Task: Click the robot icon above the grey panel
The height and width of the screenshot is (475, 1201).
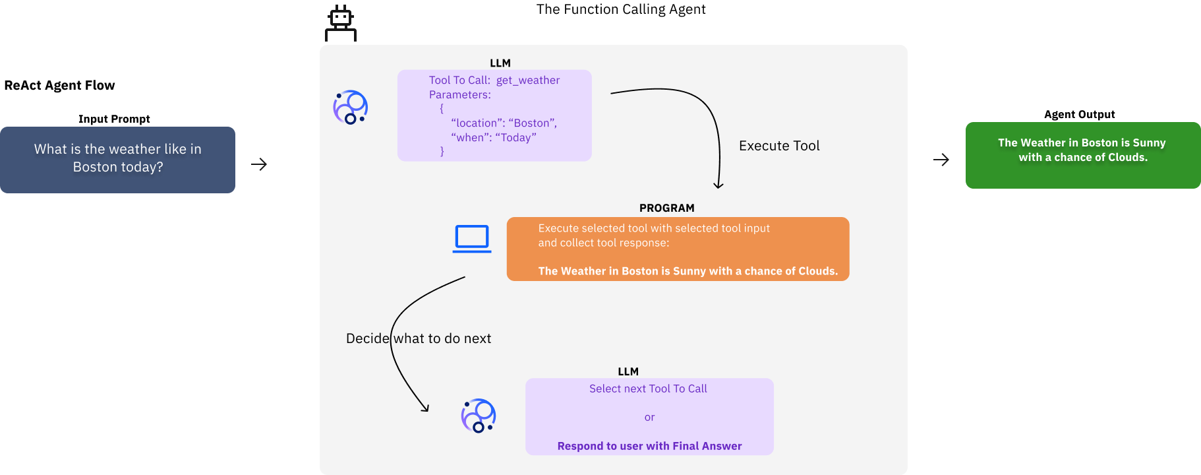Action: tap(341, 24)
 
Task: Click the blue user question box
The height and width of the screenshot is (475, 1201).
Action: tap(117, 159)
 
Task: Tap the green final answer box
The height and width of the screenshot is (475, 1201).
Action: tap(1082, 155)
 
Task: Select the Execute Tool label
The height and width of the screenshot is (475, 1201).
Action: tap(779, 146)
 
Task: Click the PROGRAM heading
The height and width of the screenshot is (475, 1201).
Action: tap(666, 208)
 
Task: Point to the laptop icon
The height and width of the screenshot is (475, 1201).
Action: tap(472, 239)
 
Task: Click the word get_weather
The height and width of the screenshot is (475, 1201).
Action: tap(527, 80)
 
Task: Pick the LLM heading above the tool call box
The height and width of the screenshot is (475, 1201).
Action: tap(500, 63)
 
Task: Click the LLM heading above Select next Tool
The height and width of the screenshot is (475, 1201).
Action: tap(628, 372)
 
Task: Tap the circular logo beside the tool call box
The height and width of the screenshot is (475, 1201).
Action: tap(351, 108)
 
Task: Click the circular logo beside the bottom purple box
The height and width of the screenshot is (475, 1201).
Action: tap(479, 416)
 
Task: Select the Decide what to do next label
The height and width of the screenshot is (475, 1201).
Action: tap(419, 338)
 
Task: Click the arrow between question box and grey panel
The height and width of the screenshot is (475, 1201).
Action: tap(259, 164)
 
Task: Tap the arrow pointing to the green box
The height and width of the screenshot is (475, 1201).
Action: tap(941, 160)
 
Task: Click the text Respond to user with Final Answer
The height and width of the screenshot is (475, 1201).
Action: tap(649, 446)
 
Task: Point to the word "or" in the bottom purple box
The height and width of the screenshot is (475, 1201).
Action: tap(649, 418)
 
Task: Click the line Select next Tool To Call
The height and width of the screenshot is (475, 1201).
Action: tap(648, 389)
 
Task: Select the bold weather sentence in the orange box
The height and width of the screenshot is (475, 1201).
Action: tap(688, 271)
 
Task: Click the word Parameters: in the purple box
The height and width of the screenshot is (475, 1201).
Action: tap(459, 95)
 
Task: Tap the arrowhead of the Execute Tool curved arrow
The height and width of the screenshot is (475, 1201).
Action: tap(718, 185)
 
